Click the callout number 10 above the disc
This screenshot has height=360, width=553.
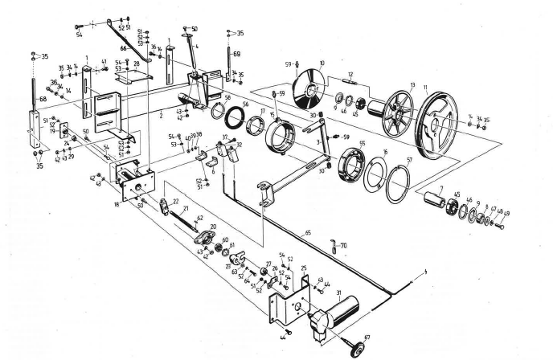coord(322,63)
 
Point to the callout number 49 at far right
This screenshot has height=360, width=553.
coord(507,215)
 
